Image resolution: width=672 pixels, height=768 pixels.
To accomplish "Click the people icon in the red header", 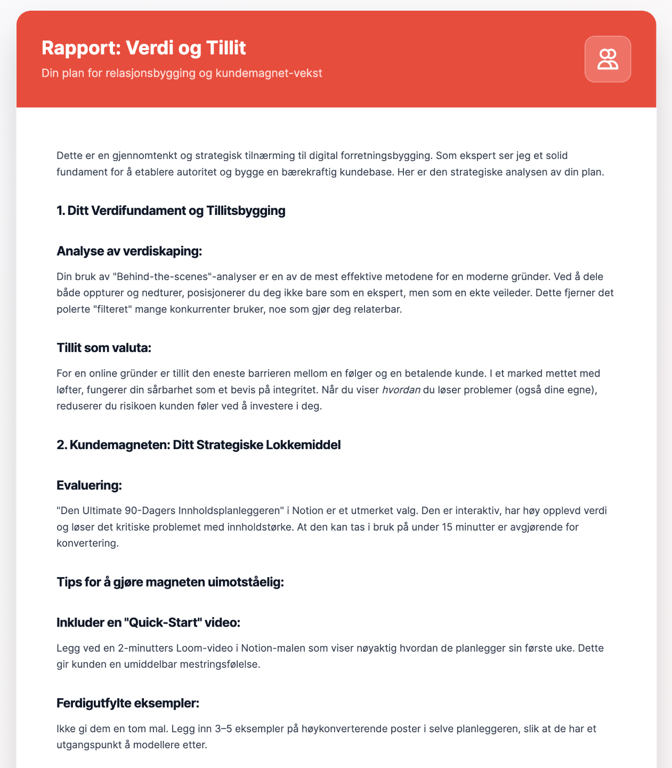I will pos(608,59).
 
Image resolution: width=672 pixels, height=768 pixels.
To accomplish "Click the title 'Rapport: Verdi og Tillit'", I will pos(144,49).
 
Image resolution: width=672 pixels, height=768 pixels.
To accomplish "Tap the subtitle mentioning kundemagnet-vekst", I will pos(182,73).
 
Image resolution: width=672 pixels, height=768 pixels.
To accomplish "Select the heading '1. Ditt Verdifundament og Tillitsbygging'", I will pos(171,211).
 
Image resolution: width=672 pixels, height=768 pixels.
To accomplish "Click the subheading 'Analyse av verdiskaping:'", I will pos(129,251).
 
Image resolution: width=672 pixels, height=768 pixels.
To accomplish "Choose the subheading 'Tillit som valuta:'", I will pos(104,348).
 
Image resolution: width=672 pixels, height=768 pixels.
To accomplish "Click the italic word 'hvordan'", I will pos(401,390).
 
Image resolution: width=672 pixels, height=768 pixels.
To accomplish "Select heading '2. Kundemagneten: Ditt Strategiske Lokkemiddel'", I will pos(198,445).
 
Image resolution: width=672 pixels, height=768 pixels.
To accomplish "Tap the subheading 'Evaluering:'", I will pos(90,485).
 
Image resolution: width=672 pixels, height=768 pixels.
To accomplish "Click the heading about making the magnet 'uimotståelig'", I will pos(171,582).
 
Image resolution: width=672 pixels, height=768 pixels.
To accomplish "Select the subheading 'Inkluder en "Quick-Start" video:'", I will pos(151,623).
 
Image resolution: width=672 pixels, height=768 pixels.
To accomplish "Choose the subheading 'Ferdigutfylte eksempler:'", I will pos(128,703).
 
